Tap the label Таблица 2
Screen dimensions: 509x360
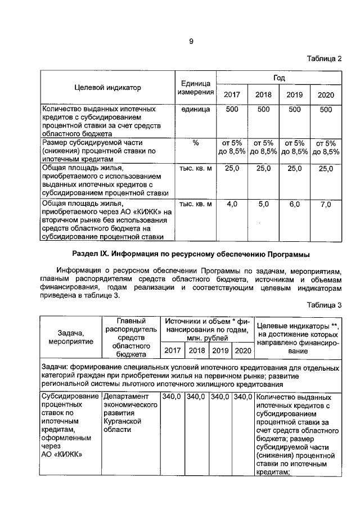coord(324,59)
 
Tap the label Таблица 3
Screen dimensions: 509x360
coord(324,305)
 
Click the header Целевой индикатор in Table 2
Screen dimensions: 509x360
coord(107,87)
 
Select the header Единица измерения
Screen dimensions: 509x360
coord(195,87)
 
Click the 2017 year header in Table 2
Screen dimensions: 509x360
coord(232,94)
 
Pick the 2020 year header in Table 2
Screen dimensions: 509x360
coord(326,94)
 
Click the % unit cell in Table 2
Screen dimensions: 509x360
coord(195,143)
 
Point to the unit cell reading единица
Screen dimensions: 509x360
coord(195,109)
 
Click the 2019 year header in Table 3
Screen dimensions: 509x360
coord(220,351)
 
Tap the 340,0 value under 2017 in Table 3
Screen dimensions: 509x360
coord(172,397)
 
